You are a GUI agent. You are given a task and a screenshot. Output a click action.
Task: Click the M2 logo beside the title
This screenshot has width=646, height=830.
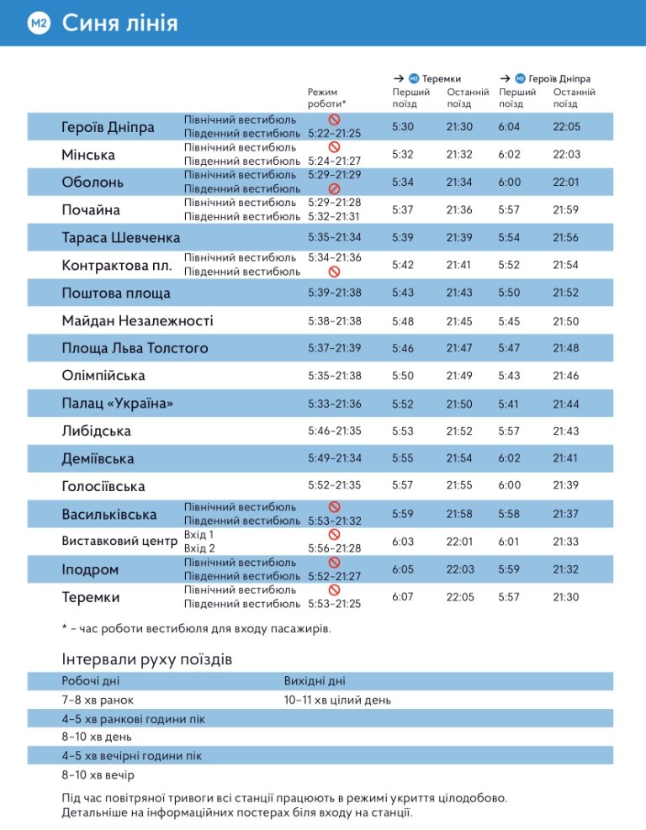point(38,24)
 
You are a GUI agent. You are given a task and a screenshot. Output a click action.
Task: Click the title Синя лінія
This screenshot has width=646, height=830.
point(119,24)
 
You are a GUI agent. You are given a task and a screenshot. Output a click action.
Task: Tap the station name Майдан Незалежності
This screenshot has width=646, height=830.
point(137,320)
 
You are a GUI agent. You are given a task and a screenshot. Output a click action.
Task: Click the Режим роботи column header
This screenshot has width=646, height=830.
point(326,97)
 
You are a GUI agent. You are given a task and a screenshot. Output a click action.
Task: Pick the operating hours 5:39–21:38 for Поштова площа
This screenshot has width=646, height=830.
point(335,293)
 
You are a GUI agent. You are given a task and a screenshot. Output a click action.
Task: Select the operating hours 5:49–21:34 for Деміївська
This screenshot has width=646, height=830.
point(335,459)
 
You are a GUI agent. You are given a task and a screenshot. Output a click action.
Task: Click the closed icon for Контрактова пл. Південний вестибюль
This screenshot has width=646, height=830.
point(334,272)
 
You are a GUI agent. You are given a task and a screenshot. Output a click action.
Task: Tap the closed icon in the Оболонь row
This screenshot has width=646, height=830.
point(334,188)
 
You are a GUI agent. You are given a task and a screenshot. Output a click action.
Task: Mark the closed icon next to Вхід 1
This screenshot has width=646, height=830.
point(334,534)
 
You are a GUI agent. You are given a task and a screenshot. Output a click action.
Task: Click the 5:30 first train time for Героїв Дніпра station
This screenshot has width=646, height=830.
point(404,127)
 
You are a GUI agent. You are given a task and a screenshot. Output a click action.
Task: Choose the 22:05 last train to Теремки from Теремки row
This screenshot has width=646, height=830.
point(460,597)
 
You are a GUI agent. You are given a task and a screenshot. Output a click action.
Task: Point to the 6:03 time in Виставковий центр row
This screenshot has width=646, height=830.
point(404,542)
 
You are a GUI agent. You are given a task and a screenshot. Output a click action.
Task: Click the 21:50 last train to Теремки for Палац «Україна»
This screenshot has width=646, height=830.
point(460,404)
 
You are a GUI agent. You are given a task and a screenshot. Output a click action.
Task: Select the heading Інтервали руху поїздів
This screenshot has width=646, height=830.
point(147,658)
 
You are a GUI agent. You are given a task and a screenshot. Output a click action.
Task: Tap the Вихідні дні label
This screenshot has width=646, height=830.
point(315,681)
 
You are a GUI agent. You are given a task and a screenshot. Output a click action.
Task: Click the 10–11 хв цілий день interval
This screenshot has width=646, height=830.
point(337,700)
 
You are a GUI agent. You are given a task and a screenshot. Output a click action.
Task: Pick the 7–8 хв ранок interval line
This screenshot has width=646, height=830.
point(98,700)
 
